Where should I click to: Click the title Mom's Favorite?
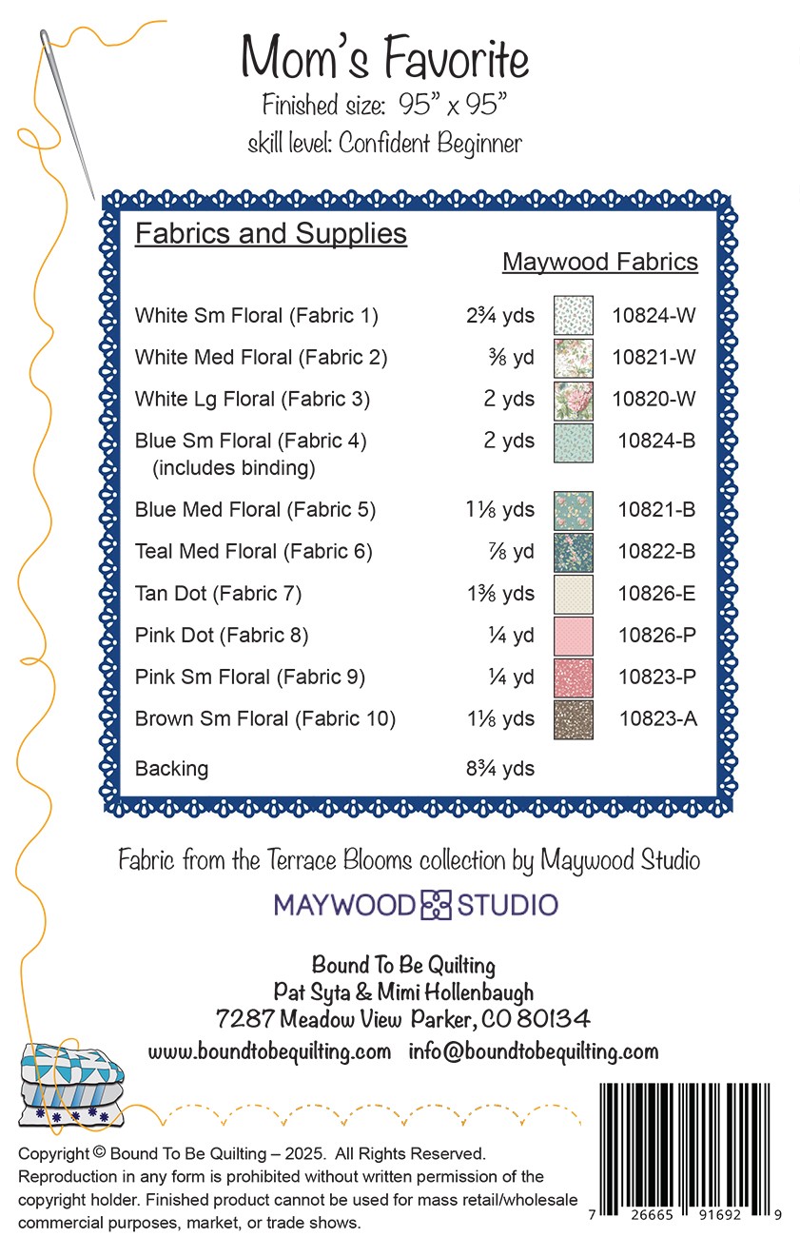click(x=384, y=59)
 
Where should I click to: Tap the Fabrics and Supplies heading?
click(x=271, y=234)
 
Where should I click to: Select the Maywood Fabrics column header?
click(x=600, y=262)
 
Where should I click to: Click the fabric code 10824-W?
click(x=654, y=316)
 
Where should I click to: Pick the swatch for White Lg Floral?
click(x=574, y=400)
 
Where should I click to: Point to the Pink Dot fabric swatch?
click(x=574, y=636)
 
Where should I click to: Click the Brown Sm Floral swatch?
click(x=574, y=719)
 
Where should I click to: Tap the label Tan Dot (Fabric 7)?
click(x=218, y=594)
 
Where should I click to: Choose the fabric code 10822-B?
click(x=656, y=552)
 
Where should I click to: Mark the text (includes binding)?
click(x=233, y=468)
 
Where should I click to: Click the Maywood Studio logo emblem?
click(x=437, y=904)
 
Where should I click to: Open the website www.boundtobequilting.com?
click(x=269, y=1051)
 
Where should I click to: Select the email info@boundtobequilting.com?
click(x=534, y=1051)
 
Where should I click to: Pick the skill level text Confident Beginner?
click(x=430, y=144)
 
